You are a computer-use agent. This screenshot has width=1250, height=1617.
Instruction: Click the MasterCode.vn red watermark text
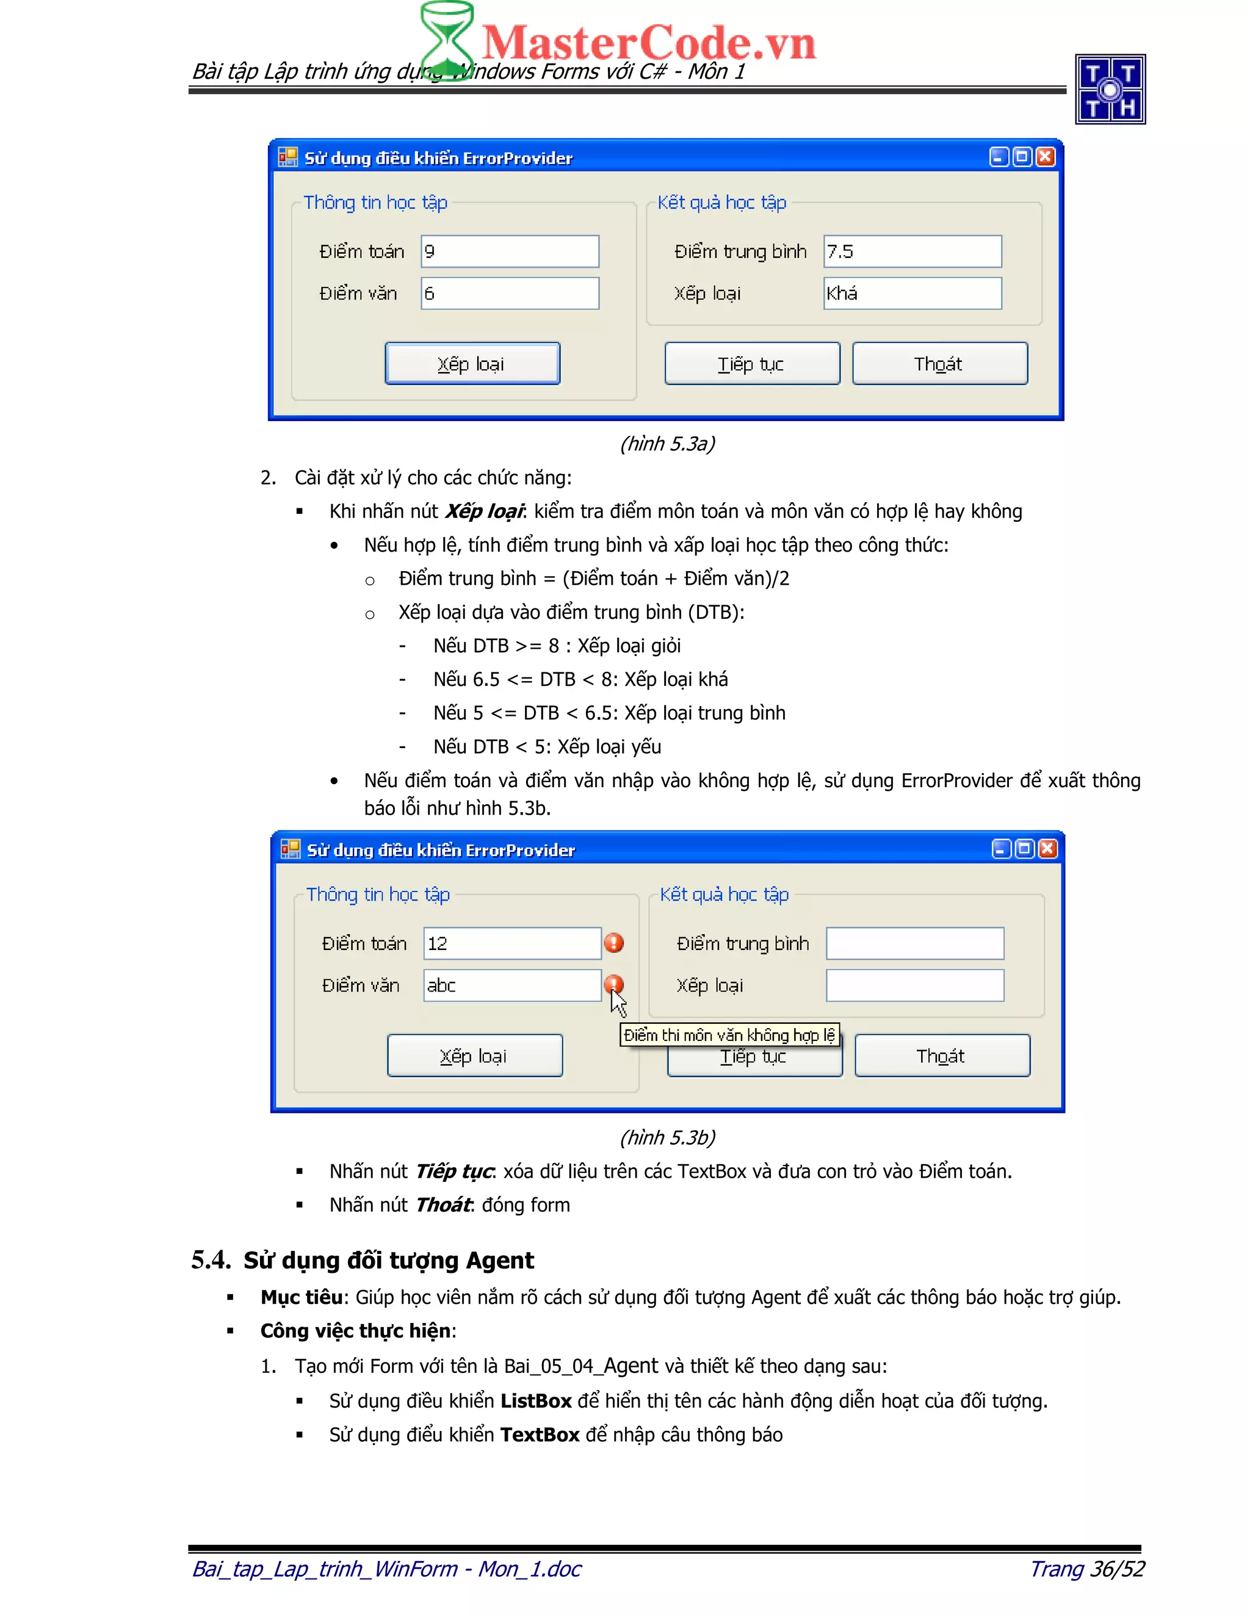click(649, 42)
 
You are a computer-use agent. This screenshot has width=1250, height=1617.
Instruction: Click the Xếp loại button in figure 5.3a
click(472, 364)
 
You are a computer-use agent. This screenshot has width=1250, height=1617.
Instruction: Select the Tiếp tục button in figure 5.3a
click(751, 364)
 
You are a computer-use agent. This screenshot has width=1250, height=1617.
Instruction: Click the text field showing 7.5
click(912, 252)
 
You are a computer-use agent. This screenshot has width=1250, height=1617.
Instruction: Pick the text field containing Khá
click(912, 293)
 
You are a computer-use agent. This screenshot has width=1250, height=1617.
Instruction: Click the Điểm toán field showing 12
click(511, 943)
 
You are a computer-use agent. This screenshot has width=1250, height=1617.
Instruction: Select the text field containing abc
click(511, 985)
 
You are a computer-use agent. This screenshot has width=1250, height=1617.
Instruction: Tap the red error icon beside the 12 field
click(614, 943)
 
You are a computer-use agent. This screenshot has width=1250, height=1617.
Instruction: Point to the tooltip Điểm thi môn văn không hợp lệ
click(729, 1035)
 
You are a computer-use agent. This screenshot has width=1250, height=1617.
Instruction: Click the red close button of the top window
click(1045, 157)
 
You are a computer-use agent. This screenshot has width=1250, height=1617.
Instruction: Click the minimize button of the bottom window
click(1001, 849)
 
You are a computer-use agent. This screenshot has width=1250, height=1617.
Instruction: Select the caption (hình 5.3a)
click(667, 444)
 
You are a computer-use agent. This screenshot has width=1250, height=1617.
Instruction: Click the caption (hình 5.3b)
click(667, 1137)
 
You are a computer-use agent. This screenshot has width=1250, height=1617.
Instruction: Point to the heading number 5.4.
click(211, 1259)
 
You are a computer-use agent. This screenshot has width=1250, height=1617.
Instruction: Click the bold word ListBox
click(536, 1401)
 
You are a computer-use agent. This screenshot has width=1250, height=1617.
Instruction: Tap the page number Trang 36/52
click(1087, 1568)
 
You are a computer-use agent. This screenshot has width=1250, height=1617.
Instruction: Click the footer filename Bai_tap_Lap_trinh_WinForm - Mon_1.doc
click(386, 1568)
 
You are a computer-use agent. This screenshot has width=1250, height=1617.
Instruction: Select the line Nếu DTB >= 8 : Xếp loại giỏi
click(557, 646)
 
